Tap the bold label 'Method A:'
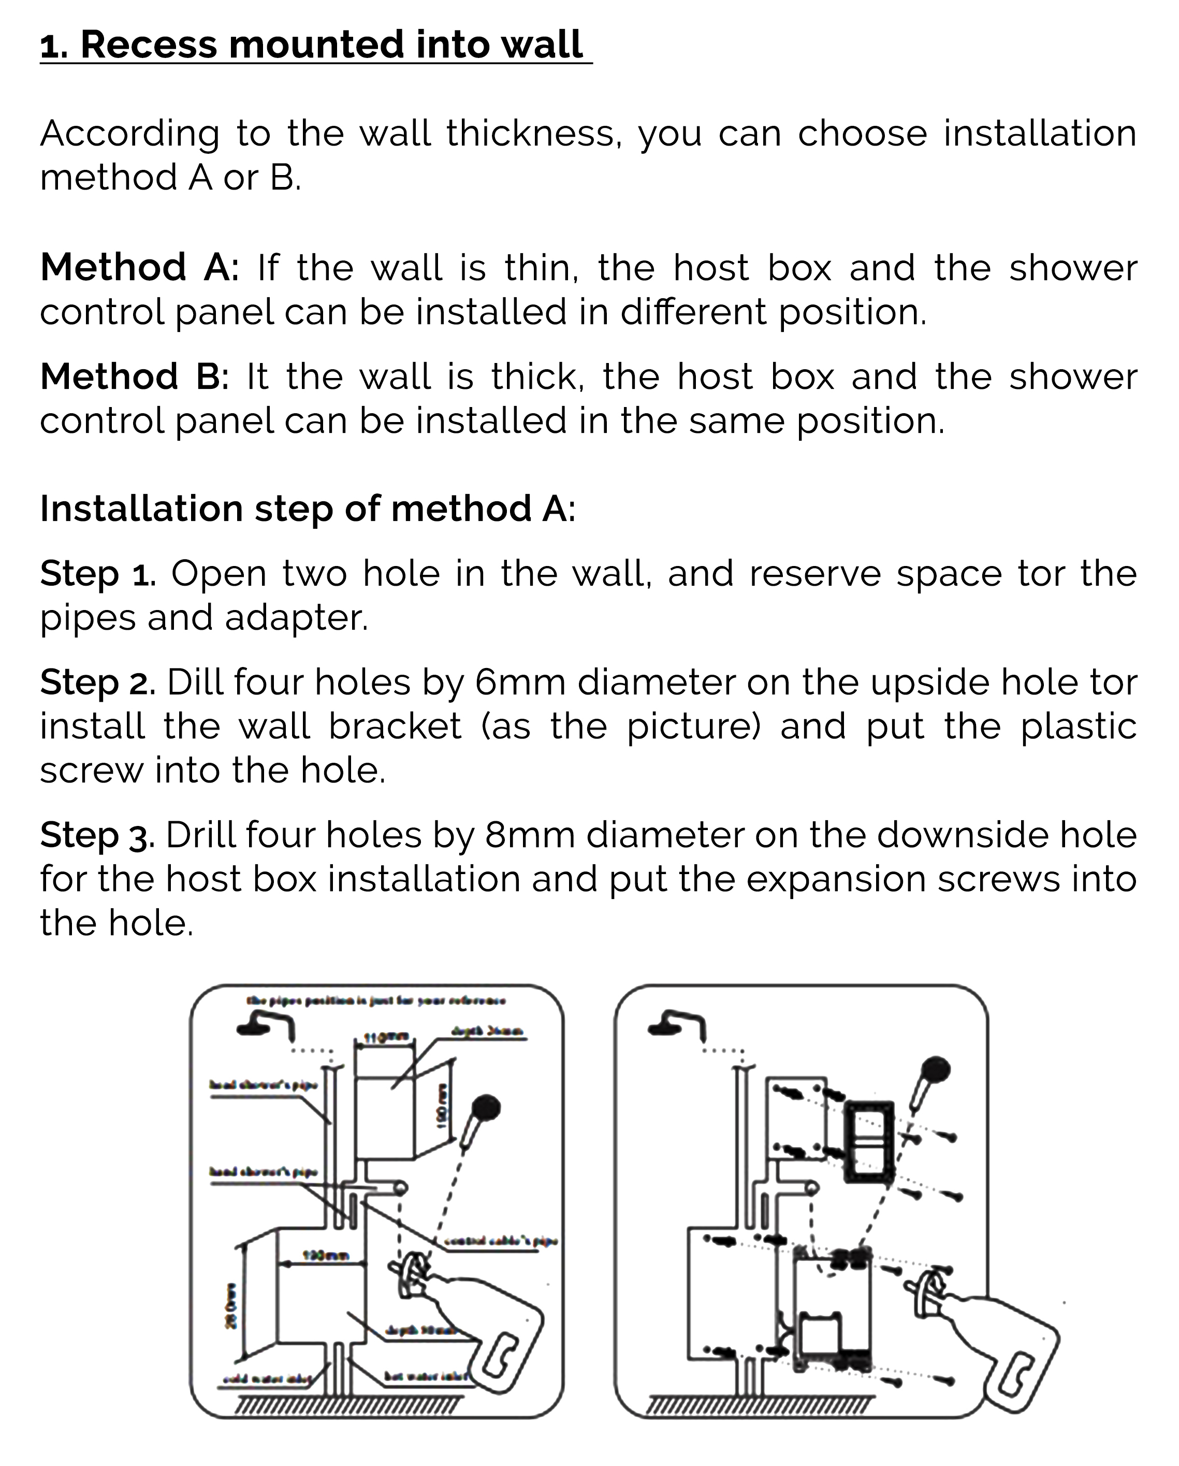click(139, 267)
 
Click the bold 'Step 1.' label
click(98, 573)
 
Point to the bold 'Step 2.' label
click(98, 682)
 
